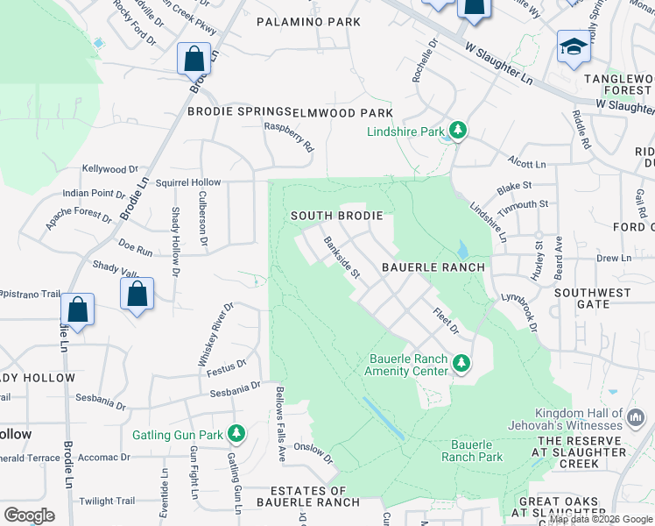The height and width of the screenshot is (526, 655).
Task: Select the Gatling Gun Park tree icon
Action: pyautogui.click(x=236, y=433)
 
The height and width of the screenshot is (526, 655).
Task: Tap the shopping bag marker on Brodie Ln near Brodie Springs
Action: pyautogui.click(x=194, y=60)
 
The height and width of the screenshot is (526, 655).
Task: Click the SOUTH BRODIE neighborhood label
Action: pyautogui.click(x=337, y=216)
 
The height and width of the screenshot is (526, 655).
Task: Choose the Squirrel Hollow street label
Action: pyautogui.click(x=188, y=182)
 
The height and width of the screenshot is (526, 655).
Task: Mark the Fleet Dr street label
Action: pyautogui.click(x=446, y=320)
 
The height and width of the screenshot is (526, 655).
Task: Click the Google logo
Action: pyautogui.click(x=29, y=515)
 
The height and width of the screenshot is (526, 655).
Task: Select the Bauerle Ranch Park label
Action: pyautogui.click(x=471, y=451)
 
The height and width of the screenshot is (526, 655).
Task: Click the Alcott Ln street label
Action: pyautogui.click(x=526, y=164)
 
